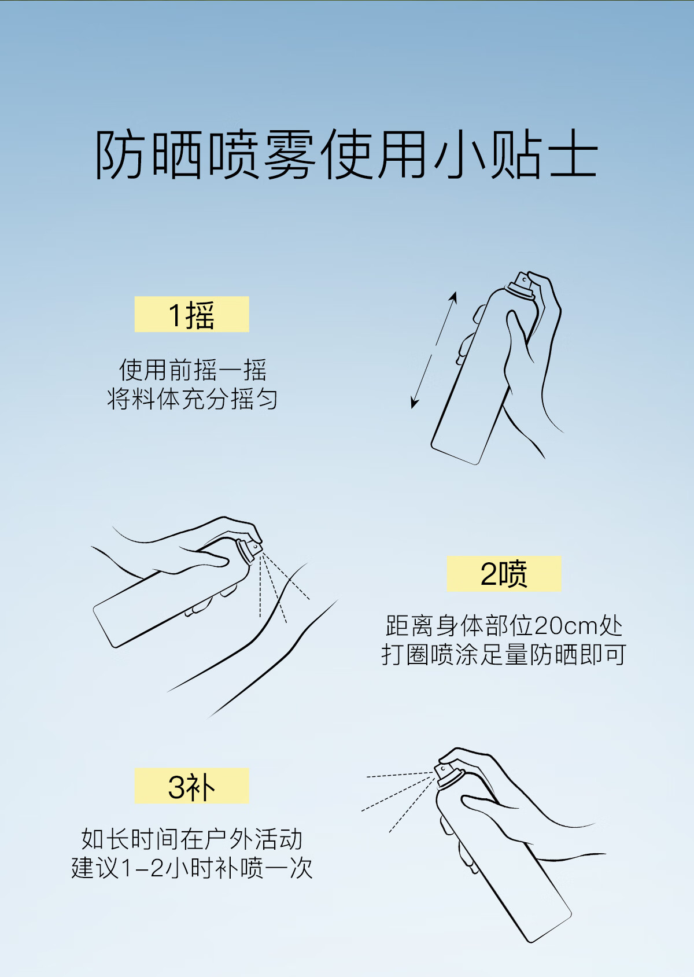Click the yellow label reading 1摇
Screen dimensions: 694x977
191,314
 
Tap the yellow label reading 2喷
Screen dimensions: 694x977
504,574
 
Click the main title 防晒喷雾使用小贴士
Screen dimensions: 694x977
346,154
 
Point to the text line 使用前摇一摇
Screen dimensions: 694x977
193,370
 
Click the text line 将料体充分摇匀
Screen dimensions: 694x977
193,399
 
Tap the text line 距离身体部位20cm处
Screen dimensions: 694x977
504,626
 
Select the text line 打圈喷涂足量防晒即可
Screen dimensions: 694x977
504,655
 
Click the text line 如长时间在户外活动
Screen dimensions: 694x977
192,839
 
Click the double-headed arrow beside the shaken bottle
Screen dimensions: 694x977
434,350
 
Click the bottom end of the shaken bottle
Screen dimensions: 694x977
455,455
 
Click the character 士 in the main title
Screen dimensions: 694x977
573,154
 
